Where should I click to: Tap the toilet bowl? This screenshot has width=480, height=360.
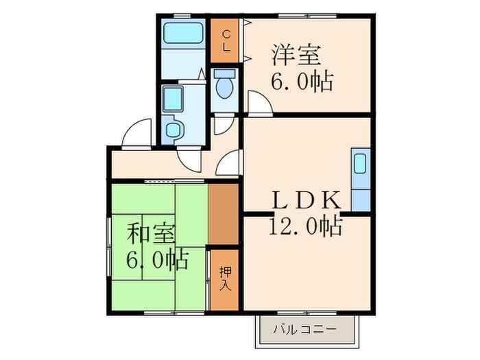pyautogui.click(x=224, y=84)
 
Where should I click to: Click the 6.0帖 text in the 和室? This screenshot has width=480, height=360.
pyautogui.click(x=157, y=260)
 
